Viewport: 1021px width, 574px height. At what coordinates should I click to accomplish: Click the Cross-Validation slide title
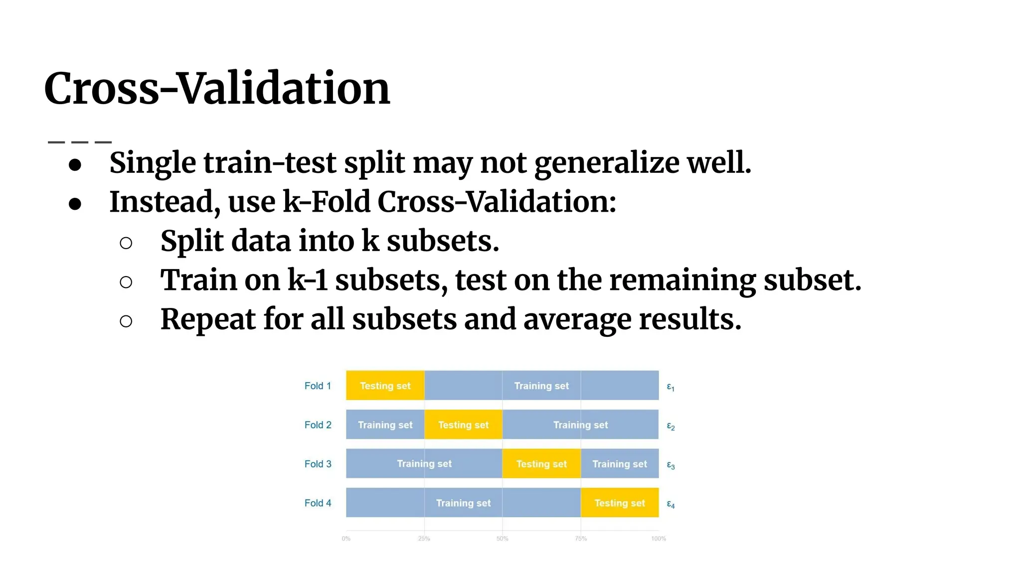217,89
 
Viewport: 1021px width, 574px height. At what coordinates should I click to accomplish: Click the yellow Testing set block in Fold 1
385,386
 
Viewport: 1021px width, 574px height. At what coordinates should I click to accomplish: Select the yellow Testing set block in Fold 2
463,425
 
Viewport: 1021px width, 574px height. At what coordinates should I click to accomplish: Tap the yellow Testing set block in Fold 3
541,464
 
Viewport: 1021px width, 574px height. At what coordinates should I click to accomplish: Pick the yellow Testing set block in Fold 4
619,503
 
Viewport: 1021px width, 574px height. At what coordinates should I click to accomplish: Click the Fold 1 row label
318,386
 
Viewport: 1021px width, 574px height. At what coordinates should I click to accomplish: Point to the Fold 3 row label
318,464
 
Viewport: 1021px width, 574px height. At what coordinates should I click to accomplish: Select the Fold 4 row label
318,503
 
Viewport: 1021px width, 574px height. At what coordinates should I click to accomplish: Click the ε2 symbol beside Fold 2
671,427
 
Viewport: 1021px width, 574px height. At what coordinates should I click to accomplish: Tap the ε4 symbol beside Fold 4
671,505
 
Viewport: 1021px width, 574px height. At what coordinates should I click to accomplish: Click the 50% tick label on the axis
502,539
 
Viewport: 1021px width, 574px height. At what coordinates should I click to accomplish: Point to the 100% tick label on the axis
658,539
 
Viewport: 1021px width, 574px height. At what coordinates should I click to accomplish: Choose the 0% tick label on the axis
346,539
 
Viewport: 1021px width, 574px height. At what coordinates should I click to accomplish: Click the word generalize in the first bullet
607,163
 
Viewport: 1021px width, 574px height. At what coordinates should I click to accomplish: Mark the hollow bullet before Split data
126,243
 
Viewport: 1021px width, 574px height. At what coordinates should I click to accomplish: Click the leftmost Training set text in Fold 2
385,425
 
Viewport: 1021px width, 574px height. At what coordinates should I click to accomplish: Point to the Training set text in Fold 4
463,503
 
